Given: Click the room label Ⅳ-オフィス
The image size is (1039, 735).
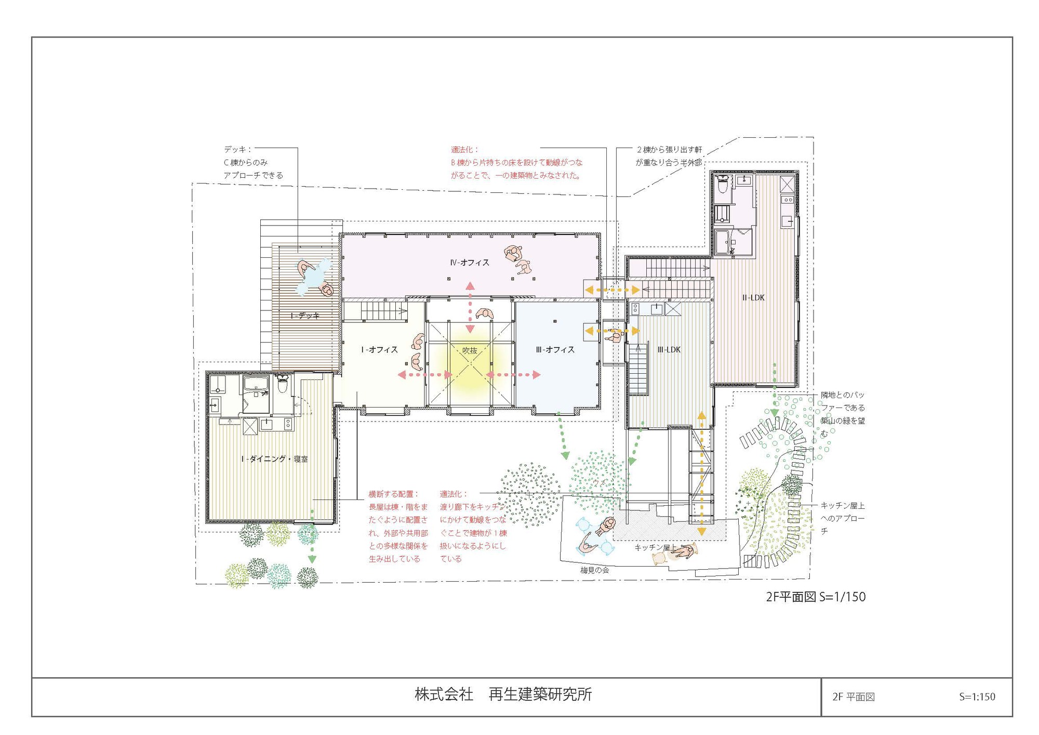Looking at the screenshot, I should [470, 262].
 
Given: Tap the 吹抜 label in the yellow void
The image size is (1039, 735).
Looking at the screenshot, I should [470, 351].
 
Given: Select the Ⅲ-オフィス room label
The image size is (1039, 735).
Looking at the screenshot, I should [555, 350].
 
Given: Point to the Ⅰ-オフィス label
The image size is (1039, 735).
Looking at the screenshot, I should [379, 350].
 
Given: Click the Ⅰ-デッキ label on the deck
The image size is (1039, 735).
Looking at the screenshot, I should [305, 316].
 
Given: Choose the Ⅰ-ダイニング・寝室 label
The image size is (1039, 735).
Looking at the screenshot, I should [274, 459].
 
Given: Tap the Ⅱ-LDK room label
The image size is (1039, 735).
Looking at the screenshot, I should [753, 297].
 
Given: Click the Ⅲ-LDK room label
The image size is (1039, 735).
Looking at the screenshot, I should [669, 350].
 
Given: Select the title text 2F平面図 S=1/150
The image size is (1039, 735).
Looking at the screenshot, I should [816, 597].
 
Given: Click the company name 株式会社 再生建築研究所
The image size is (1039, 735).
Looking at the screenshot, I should [503, 694].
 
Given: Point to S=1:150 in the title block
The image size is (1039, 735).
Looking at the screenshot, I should [977, 697].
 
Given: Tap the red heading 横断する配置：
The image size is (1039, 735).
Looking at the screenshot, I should [393, 494].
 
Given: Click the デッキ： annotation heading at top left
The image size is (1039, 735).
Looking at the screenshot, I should [237, 150].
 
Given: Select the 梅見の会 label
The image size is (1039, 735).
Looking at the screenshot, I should [594, 570].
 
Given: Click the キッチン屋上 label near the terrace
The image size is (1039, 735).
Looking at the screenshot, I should [656, 548].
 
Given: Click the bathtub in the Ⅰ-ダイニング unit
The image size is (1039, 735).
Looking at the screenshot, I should [255, 385].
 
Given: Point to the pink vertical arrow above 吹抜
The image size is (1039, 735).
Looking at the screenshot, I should [470, 307].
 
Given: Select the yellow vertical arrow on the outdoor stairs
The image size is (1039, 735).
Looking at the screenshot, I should [701, 473].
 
